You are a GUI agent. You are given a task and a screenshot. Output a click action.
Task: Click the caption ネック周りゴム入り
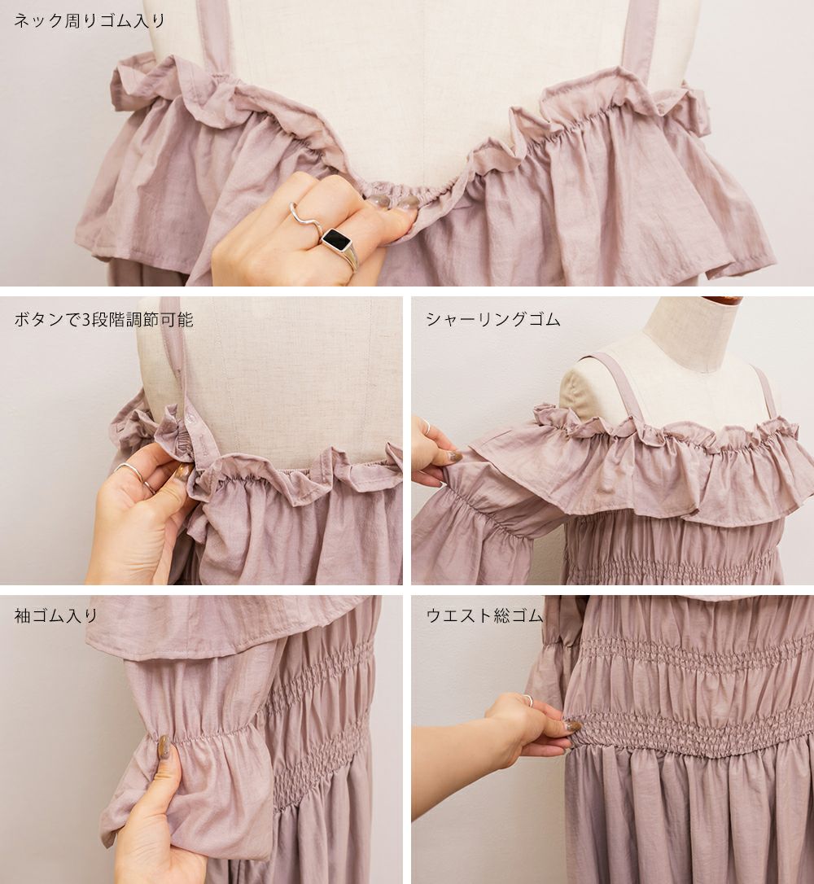pyautogui.click(x=89, y=21)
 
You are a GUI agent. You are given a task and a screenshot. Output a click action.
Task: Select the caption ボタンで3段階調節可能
pyautogui.click(x=103, y=320)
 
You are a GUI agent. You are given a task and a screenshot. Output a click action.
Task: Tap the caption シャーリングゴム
pyautogui.click(x=492, y=320)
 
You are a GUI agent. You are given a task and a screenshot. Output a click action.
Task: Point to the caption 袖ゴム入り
pyautogui.click(x=56, y=615)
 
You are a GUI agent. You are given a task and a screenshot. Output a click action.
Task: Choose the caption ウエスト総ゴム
pyautogui.click(x=484, y=615)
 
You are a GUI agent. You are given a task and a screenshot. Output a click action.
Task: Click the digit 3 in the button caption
pyautogui.click(x=85, y=320)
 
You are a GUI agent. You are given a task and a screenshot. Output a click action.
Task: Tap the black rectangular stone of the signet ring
pyautogui.click(x=336, y=239)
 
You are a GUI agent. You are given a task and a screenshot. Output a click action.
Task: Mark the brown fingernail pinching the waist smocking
pyautogui.click(x=573, y=725)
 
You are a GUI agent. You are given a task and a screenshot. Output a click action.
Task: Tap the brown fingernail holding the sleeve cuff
pyautogui.click(x=164, y=747)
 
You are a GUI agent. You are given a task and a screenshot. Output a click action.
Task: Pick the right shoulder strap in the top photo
pyautogui.click(x=642, y=39)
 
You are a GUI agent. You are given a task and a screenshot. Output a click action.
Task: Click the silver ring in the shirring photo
pyautogui.click(x=427, y=427)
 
